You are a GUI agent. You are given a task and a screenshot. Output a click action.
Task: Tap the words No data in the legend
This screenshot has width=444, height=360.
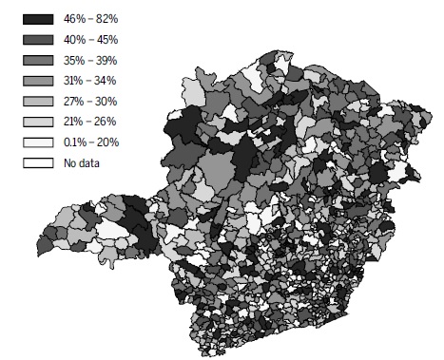[x=83, y=163]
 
